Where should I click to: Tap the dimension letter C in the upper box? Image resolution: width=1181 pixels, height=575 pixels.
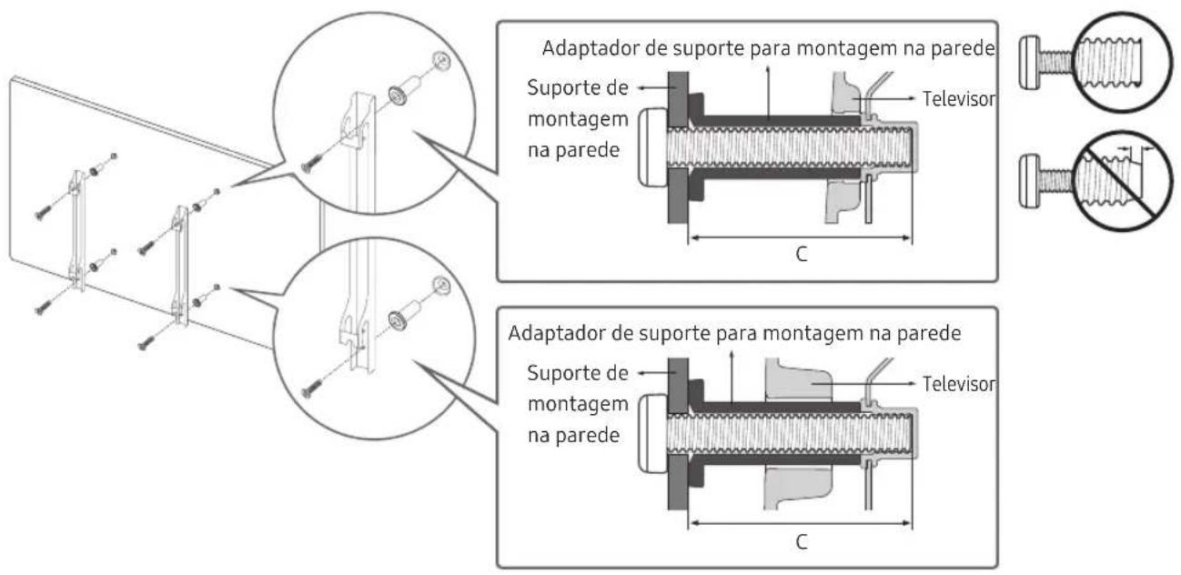pyautogui.click(x=800, y=254)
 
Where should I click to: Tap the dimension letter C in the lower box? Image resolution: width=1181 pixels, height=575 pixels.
pyautogui.click(x=800, y=539)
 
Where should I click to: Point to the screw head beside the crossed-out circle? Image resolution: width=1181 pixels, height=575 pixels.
pyautogui.click(x=1029, y=170)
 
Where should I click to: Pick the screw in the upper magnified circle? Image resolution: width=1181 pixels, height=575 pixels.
pyautogui.click(x=312, y=164)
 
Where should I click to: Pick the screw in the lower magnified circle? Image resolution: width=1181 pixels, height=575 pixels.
pyautogui.click(x=312, y=388)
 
